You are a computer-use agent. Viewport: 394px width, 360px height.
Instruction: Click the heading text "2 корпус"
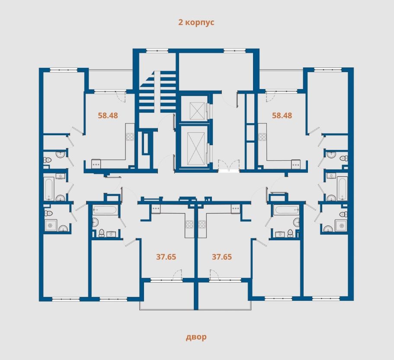pyautogui.click(x=196, y=22)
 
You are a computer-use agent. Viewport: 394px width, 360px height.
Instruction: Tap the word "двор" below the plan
pyautogui.click(x=196, y=337)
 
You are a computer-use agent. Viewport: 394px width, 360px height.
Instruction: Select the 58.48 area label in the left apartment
pyautogui.click(x=108, y=115)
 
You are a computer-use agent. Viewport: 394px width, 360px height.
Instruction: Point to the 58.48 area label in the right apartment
pyautogui.click(x=282, y=115)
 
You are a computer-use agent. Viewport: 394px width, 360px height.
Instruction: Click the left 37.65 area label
pyautogui.click(x=166, y=257)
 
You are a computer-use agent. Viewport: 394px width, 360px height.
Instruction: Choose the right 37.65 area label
pyautogui.click(x=222, y=257)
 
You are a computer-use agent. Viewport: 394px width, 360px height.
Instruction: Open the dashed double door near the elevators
pyautogui.click(x=228, y=166)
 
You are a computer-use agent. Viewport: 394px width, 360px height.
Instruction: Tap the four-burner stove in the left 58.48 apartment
pyautogui.click(x=130, y=137)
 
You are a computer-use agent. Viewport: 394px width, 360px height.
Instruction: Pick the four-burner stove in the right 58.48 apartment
pyautogui.click(x=262, y=137)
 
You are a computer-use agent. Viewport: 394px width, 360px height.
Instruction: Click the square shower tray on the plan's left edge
pyautogui.click(x=51, y=225)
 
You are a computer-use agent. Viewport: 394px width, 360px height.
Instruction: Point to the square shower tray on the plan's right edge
pyautogui.click(x=341, y=225)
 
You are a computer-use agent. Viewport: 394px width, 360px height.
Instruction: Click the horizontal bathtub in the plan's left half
pyautogui.click(x=105, y=210)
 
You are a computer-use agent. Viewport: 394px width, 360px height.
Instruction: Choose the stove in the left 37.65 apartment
pyautogui.click(x=189, y=224)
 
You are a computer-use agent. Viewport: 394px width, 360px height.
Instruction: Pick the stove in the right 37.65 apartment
pyautogui.click(x=202, y=224)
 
